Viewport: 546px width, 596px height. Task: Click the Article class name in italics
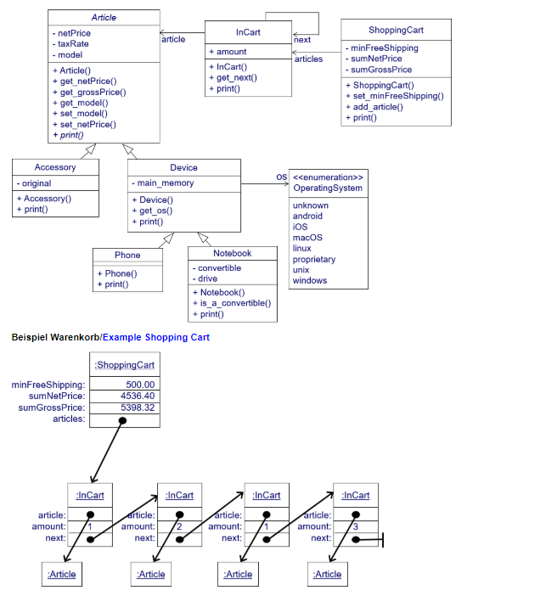point(104,17)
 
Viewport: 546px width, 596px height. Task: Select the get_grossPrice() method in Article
point(93,92)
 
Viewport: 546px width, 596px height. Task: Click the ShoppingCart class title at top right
point(396,30)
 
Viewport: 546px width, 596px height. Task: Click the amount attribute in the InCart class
point(232,52)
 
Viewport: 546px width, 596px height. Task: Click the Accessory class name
point(55,167)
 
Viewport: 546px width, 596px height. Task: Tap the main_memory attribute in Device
point(166,183)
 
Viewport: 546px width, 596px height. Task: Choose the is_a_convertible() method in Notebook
point(235,303)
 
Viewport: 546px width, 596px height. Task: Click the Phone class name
point(127,255)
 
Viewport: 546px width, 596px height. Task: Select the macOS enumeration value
point(307,238)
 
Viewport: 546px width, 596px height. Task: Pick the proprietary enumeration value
point(313,259)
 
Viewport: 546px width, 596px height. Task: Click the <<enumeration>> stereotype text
point(328,177)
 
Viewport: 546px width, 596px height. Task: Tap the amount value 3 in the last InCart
point(355,526)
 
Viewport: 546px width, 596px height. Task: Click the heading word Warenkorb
point(75,337)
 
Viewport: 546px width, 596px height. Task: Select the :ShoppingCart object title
point(123,364)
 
